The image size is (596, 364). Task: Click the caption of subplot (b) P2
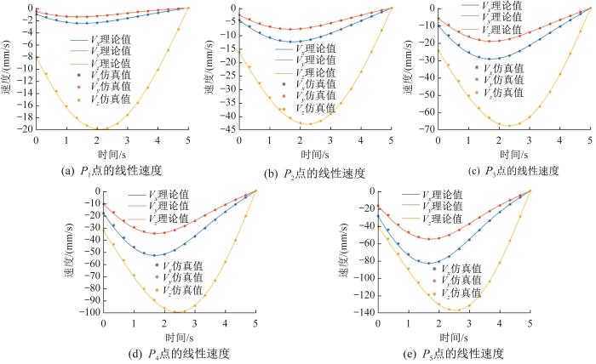(315, 173)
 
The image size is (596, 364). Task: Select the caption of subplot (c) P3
(509, 170)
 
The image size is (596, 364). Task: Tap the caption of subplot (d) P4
(180, 352)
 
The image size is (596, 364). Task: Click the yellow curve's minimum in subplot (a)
(98, 128)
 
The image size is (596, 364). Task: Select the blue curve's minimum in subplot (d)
(158, 255)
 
